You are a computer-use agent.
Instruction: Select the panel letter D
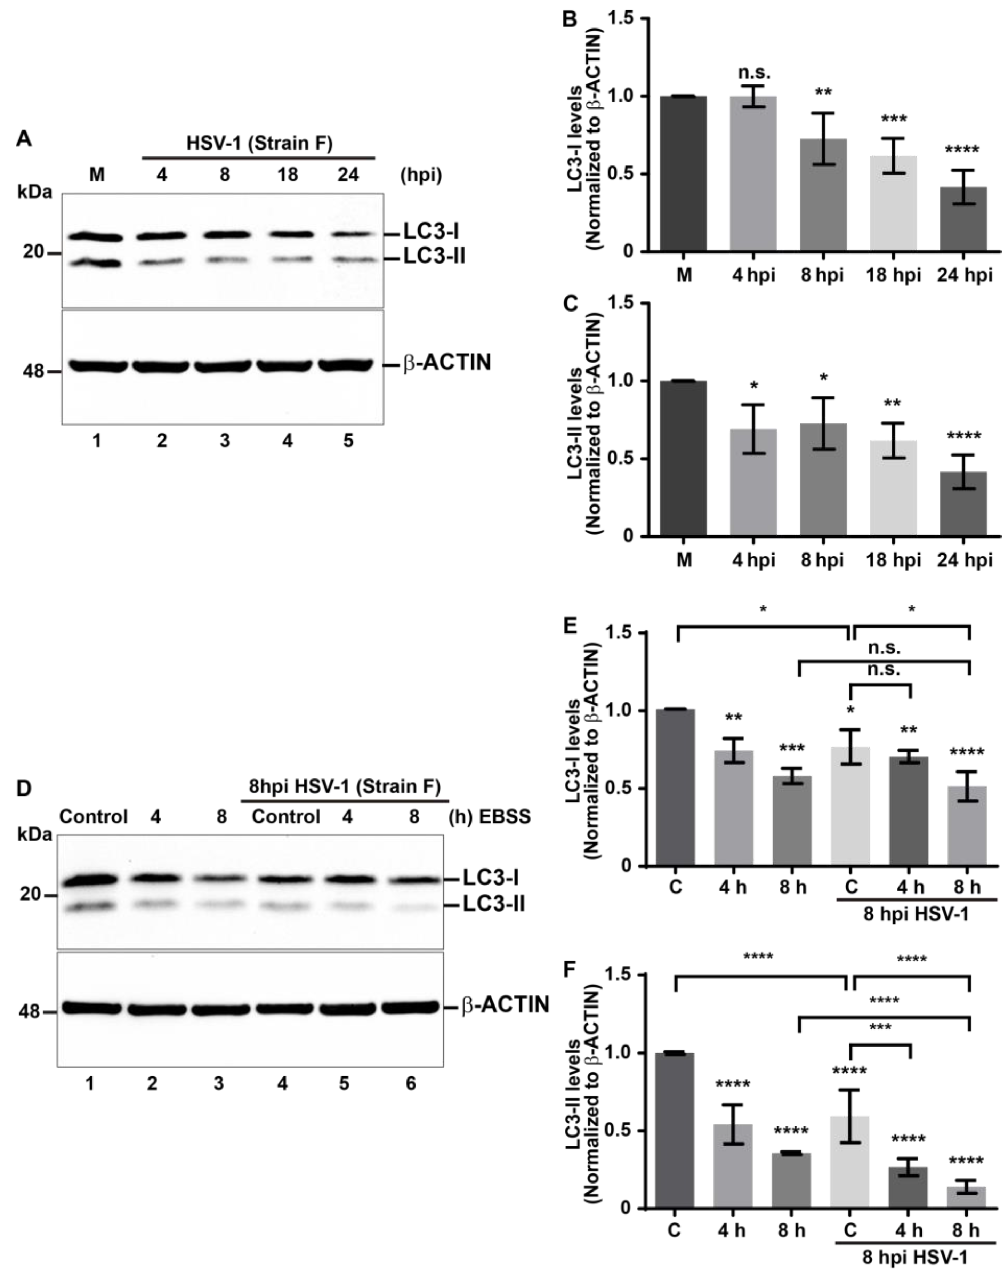point(24,789)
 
